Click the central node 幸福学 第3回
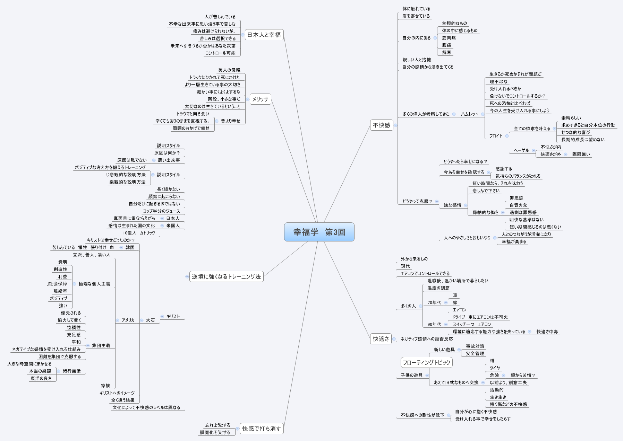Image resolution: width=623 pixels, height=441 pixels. [x=319, y=232]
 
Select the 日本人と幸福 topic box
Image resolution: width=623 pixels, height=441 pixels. [x=264, y=35]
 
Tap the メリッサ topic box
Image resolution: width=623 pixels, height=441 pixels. [x=260, y=99]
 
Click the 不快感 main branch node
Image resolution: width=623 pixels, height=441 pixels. [x=381, y=125]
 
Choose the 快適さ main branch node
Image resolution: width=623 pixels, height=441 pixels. [x=381, y=339]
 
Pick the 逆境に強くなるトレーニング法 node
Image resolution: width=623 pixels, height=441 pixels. [x=226, y=276]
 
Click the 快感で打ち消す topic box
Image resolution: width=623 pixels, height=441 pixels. [x=262, y=429]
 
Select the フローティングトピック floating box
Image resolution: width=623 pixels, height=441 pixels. [x=426, y=362]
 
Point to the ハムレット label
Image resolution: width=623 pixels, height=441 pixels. [x=469, y=114]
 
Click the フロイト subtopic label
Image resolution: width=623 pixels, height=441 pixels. [x=496, y=136]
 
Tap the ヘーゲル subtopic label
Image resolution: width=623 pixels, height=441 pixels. [x=521, y=150]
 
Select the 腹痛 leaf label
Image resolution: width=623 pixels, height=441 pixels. [x=446, y=45]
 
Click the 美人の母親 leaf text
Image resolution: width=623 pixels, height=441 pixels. [x=229, y=70]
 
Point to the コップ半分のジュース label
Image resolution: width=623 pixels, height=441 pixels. [x=161, y=211]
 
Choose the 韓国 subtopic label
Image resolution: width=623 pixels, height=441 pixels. [x=130, y=247]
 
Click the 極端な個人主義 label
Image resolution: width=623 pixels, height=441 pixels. [x=94, y=284]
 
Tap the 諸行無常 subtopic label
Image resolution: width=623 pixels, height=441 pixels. [x=72, y=371]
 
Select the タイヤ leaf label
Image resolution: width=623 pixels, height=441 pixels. [x=495, y=368]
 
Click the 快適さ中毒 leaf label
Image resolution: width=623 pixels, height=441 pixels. [x=547, y=332]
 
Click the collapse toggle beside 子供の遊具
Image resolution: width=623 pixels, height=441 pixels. [x=427, y=375]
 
